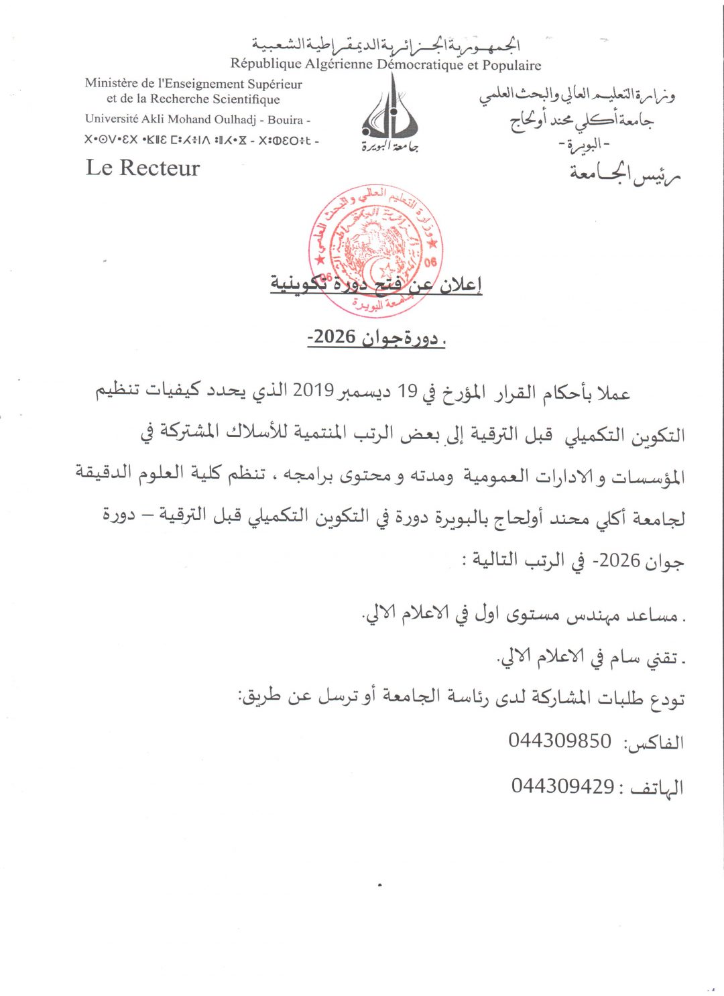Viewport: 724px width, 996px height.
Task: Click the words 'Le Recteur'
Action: pyautogui.click(x=143, y=168)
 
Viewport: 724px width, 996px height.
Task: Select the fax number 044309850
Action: pyautogui.click(x=560, y=741)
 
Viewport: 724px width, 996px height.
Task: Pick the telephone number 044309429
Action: pyautogui.click(x=562, y=786)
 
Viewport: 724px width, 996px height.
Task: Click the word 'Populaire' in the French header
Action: pyautogui.click(x=512, y=65)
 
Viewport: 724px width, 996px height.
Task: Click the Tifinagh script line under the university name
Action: pyautogui.click(x=201, y=140)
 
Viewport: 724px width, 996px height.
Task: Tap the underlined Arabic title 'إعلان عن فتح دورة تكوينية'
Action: pyautogui.click(x=376, y=284)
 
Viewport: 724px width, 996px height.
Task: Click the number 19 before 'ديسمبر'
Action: pyautogui.click(x=408, y=391)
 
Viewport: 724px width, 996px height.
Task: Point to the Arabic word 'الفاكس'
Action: pyautogui.click(x=654, y=742)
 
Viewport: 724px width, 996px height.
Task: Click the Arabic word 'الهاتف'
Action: pyautogui.click(x=654, y=787)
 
